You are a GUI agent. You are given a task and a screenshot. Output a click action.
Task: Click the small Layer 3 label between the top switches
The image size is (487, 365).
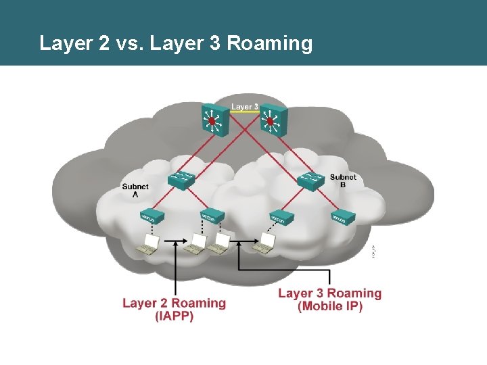pos(244,107)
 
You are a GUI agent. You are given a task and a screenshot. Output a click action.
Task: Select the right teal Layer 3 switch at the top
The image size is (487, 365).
pos(271,120)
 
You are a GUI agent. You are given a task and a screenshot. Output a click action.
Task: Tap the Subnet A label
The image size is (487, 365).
pos(135,189)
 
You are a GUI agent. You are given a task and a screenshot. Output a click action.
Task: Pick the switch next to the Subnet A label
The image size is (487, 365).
pos(181,180)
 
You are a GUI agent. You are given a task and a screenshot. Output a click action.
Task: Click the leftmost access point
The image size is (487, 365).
pos(151,217)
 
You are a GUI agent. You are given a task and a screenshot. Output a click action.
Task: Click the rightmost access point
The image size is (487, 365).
pos(343,217)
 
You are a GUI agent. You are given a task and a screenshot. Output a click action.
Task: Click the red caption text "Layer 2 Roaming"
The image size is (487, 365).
pos(174,303)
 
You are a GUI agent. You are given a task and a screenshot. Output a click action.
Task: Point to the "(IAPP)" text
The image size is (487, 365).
pos(174,316)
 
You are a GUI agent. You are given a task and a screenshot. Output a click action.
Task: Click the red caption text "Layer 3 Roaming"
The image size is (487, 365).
pos(329,293)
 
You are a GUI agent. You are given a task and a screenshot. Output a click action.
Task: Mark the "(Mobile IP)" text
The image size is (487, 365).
pos(329,306)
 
